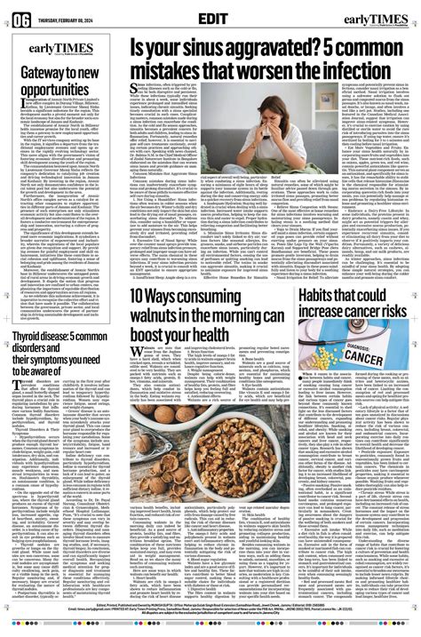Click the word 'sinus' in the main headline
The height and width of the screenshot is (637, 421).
(208, 50)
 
